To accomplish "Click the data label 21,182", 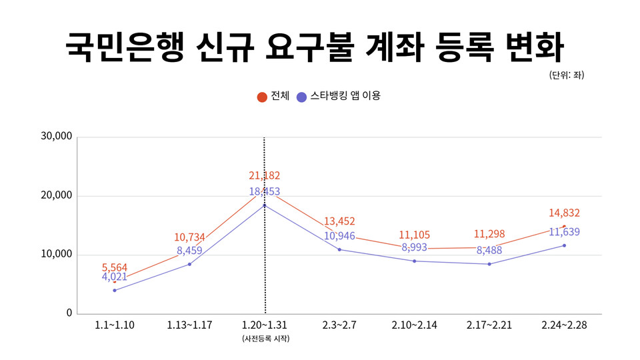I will pos(264,176).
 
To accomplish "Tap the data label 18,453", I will pos(264,192).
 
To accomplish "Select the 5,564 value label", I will pos(115,267).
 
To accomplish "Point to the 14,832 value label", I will pos(564,213).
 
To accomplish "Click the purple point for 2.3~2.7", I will pos(339,249).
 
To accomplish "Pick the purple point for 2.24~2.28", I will pos(564,245).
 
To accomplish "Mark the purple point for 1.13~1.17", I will pos(189,264).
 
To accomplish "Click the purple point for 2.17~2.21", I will pos(489,264).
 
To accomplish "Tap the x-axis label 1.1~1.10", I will pos(115,325).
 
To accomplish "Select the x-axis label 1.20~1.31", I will pos(265,325).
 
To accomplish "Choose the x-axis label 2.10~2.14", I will pos(414,325).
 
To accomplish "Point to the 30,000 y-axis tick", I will pos(56,137).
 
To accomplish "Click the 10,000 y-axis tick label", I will pos(56,255).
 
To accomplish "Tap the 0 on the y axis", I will pos(69,313).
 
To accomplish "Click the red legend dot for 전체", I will pos(263,97).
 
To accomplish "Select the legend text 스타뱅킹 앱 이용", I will pos(345,96).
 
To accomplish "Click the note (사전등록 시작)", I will pos(265,339).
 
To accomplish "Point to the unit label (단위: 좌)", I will pos(567,75).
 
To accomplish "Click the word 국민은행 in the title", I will pos(124,46).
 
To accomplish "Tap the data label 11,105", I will pos(414,235).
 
